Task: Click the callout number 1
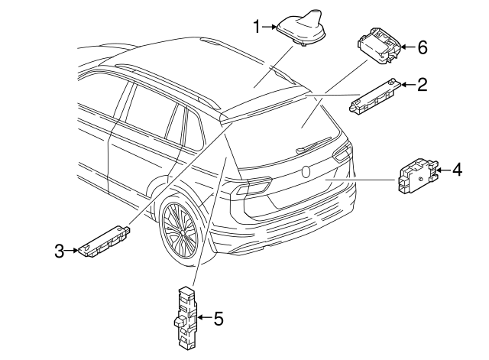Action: [257, 28]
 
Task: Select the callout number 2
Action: [421, 84]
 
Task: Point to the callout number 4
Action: [456, 169]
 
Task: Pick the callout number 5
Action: [218, 318]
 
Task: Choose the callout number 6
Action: [422, 47]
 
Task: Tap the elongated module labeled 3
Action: [103, 242]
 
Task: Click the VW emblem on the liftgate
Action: [306, 172]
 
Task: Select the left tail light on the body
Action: [251, 186]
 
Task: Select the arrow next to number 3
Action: [71, 249]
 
